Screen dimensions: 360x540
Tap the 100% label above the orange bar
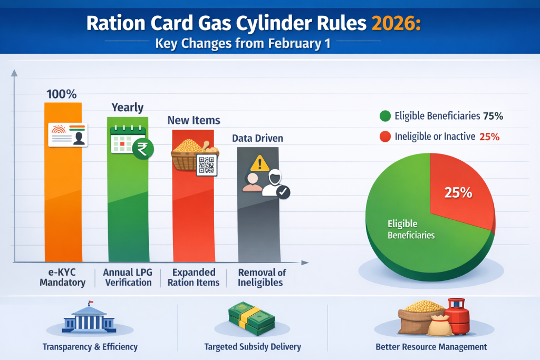[x=62, y=95]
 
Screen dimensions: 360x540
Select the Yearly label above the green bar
[x=127, y=108]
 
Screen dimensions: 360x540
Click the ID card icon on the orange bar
[x=67, y=135]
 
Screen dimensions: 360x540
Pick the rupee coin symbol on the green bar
[x=142, y=149]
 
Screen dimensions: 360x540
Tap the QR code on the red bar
[x=206, y=164]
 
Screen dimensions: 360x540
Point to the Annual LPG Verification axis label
[x=128, y=277]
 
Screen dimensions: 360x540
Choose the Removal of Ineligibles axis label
[x=262, y=277]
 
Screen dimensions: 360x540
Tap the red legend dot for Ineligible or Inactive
[x=385, y=137]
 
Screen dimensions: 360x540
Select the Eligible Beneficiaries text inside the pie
[x=411, y=229]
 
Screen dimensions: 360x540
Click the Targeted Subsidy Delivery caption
[x=253, y=347]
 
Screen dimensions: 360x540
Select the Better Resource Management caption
[x=431, y=347]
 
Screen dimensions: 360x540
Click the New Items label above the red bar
[x=194, y=121]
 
